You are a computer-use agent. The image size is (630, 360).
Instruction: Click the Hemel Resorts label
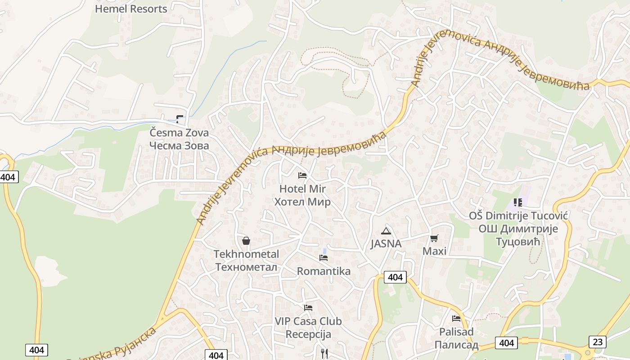[x=131, y=9]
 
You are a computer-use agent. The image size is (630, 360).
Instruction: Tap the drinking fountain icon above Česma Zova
[x=180, y=119]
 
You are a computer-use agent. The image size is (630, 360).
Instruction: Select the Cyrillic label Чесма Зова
[x=179, y=145]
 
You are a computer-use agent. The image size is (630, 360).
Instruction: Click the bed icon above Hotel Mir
[x=302, y=175]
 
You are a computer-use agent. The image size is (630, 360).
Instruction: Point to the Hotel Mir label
[x=302, y=189]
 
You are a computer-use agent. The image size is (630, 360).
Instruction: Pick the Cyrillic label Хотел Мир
[x=302, y=202]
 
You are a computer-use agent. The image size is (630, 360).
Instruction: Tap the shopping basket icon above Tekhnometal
[x=246, y=241]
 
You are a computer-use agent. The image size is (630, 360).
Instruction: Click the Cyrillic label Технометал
[x=246, y=267]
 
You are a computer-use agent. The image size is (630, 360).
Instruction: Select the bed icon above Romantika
[x=324, y=258]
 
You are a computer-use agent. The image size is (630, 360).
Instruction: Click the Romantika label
[x=324, y=271]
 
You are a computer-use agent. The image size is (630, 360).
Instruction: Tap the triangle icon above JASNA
[x=386, y=231]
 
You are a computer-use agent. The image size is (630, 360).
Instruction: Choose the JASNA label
[x=386, y=244]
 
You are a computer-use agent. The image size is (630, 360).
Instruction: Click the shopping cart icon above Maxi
[x=434, y=238]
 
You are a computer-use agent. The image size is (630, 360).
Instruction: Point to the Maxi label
[x=434, y=251]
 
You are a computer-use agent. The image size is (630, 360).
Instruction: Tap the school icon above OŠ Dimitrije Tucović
[x=518, y=202]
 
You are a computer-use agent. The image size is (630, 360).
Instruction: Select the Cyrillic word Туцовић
[x=518, y=242]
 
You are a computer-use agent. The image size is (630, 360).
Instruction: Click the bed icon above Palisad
[x=456, y=319]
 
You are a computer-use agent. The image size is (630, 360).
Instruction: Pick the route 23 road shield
[x=597, y=342]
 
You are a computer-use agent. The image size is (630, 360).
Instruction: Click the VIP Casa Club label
[x=308, y=321]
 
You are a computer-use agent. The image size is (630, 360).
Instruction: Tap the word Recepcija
[x=308, y=334]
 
